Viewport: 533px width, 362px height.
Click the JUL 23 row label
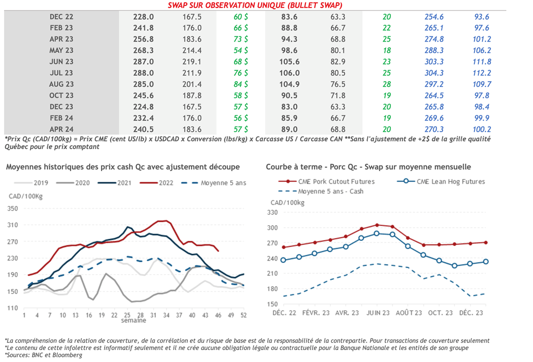click(61, 73)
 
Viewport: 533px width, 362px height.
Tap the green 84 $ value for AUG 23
click(240, 84)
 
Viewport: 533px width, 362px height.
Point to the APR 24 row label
click(61, 129)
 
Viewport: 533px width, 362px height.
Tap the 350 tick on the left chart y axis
click(13, 209)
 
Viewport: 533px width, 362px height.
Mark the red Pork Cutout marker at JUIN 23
click(377, 225)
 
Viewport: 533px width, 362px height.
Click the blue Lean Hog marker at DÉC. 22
click(283, 260)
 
